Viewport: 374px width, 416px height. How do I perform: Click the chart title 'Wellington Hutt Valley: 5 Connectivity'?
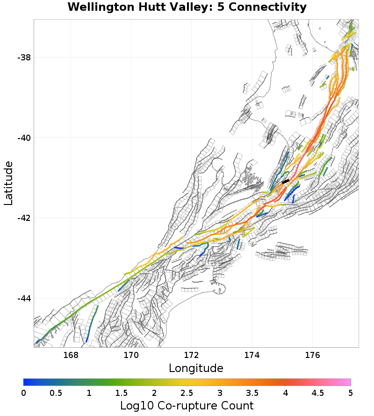(x=187, y=7)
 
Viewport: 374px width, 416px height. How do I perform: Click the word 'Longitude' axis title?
(x=196, y=368)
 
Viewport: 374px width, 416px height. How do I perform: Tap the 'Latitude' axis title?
(x=8, y=183)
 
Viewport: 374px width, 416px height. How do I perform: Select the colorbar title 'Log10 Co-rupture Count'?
(x=187, y=405)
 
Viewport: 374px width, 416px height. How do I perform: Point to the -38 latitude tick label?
(x=24, y=58)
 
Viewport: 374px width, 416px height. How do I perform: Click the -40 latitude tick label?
(x=24, y=138)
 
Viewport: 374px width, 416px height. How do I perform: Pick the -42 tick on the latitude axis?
(x=24, y=218)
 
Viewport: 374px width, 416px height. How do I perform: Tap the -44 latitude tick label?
(x=24, y=299)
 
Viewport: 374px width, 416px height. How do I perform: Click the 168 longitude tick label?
(x=71, y=355)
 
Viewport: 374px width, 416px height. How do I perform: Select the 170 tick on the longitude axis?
(x=131, y=355)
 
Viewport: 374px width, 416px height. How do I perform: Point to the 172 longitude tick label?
(x=192, y=355)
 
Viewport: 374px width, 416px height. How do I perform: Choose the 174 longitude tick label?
(x=252, y=355)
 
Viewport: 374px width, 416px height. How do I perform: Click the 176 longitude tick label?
(x=312, y=355)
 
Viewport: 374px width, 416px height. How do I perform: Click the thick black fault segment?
(x=285, y=181)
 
